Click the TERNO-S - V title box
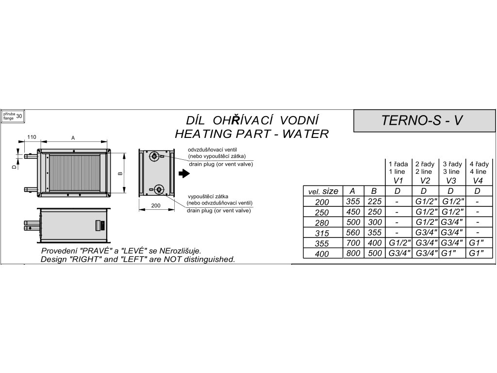[420, 120]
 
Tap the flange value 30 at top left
[19, 116]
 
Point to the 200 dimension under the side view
[155, 206]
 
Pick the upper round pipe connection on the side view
[154, 156]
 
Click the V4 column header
[478, 180]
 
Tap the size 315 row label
[321, 233]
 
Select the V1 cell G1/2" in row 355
[398, 243]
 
